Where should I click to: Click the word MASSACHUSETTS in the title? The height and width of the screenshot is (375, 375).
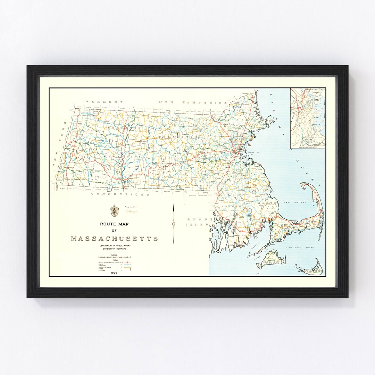click(x=114, y=239)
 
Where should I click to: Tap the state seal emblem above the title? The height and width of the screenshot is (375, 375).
click(x=113, y=210)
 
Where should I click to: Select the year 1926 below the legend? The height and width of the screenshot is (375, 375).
click(x=114, y=273)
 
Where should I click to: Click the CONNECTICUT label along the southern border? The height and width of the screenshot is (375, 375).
click(x=120, y=194)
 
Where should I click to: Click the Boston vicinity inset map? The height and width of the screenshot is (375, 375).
click(x=308, y=118)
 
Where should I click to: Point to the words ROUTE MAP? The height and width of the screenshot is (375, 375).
click(x=114, y=224)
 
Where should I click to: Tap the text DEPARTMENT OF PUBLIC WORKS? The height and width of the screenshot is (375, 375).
click(x=114, y=245)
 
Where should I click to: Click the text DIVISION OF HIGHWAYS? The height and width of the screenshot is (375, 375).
click(x=114, y=249)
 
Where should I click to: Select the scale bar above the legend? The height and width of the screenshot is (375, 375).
click(x=114, y=257)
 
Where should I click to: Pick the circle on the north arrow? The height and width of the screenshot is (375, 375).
click(x=173, y=224)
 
